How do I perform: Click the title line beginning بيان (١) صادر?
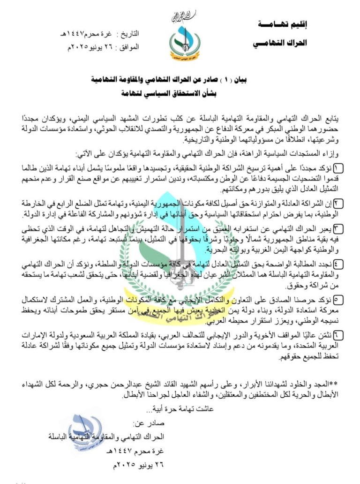point(181,80)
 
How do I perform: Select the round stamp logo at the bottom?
point(85,434)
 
